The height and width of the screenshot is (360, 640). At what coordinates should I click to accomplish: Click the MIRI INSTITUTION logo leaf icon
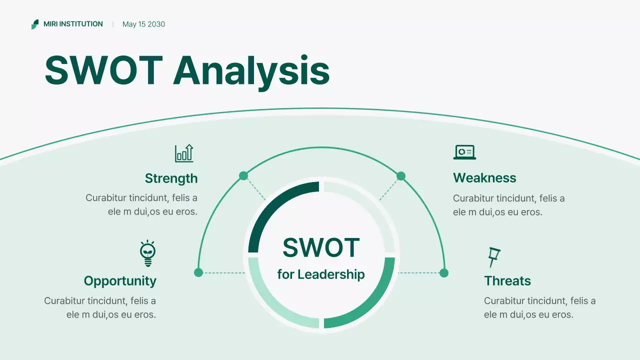pos(34,24)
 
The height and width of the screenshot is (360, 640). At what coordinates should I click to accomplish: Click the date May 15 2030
pos(143,24)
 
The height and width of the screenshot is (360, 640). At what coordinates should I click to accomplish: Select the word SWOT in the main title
pos(103,70)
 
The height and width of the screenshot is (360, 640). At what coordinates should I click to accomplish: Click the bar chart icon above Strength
pos(184,153)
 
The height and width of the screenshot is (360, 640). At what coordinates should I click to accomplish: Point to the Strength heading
pos(171,178)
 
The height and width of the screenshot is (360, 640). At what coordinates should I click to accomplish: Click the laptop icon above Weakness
pos(464,152)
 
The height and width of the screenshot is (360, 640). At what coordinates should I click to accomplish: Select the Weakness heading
pos(484,178)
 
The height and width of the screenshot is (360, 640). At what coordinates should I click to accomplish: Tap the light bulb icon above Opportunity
pos(147,253)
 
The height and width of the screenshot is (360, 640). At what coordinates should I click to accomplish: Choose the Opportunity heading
pos(120,281)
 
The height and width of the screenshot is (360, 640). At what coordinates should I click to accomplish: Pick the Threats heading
pos(507,281)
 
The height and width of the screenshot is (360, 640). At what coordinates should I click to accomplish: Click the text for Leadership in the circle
pos(321,274)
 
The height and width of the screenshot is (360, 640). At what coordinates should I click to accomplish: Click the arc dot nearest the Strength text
pos(243,175)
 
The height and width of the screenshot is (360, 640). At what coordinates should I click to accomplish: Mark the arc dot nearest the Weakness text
pos(401,176)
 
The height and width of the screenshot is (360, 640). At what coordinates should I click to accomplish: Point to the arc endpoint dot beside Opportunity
pos(198,272)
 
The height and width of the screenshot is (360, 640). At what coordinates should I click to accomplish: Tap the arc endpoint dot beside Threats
pos(444,272)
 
